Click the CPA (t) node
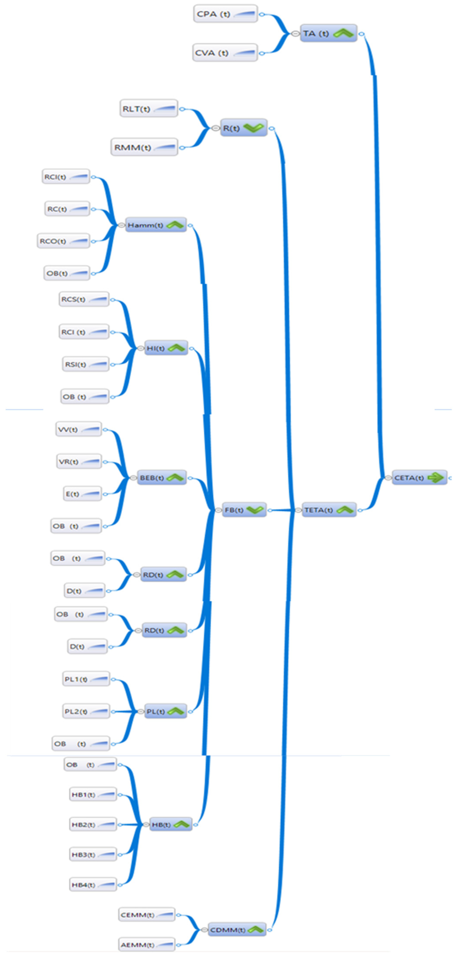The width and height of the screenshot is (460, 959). [225, 14]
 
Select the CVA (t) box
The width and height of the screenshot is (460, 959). [225, 53]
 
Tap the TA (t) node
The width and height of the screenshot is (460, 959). [328, 33]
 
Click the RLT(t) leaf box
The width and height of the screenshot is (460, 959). [149, 109]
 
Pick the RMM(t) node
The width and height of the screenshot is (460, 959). [144, 147]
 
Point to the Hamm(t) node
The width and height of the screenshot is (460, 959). [156, 225]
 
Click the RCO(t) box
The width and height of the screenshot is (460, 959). [63, 241]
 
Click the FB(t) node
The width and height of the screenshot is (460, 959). [244, 510]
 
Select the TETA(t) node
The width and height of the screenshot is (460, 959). [329, 510]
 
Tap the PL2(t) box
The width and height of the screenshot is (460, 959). [86, 712]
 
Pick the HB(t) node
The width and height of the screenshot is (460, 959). [170, 825]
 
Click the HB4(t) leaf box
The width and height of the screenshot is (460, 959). [93, 885]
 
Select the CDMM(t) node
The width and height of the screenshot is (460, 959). [237, 930]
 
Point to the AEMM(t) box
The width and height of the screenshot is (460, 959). [147, 945]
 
